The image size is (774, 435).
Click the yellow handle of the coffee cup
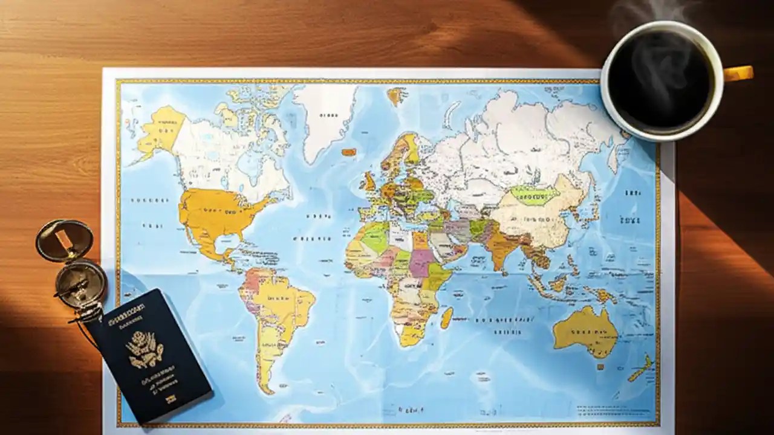point(739,74)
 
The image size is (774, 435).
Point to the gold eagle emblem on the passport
point(145,349)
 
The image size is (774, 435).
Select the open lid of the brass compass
point(63,239)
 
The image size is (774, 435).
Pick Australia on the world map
point(585,329)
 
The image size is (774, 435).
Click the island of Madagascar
point(446,318)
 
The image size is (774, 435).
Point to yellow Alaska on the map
point(160,129)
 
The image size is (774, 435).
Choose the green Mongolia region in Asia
point(535,195)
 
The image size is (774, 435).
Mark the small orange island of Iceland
point(349,152)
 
